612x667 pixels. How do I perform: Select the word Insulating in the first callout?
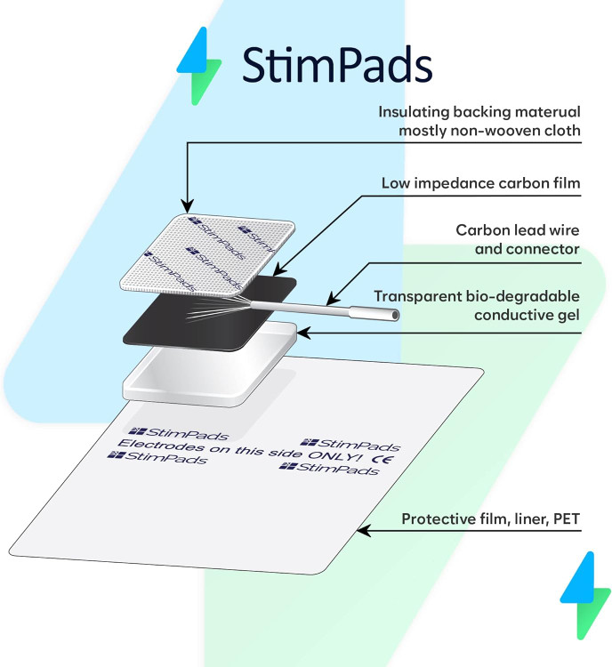pos(411,112)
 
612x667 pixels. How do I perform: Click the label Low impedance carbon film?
pos(480,183)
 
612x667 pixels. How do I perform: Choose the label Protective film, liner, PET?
pos(491,518)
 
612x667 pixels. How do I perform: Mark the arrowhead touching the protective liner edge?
pos(360,533)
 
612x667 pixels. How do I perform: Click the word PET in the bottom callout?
pos(565,518)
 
